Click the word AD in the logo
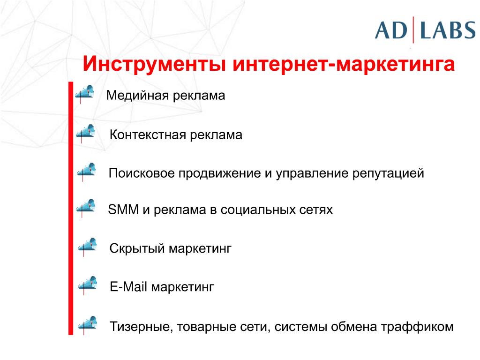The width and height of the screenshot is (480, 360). (x=391, y=30)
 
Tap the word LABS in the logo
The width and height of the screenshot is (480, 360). (x=448, y=30)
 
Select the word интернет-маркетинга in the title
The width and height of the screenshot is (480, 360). (x=344, y=64)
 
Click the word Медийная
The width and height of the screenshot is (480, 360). (x=137, y=95)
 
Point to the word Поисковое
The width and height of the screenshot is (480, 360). (x=142, y=173)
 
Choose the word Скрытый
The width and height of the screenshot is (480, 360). (x=137, y=248)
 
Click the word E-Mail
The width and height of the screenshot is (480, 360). (x=128, y=287)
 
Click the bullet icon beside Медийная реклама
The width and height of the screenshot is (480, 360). (x=84, y=94)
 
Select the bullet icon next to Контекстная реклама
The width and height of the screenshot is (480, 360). (x=85, y=133)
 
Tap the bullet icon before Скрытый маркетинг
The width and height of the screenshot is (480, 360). (x=87, y=247)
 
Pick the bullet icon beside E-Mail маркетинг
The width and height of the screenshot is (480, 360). (x=88, y=285)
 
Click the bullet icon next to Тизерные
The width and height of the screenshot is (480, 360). (x=88, y=325)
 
